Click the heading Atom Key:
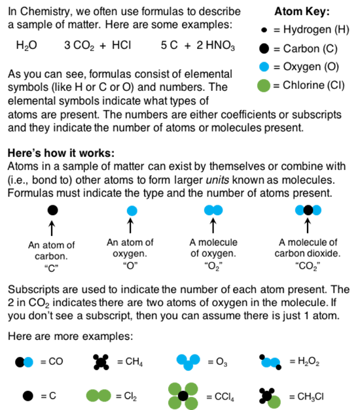[302, 12]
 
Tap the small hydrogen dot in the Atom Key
[264, 30]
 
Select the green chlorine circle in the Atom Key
[264, 86]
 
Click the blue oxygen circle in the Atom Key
[264, 67]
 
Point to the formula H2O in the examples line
[26, 46]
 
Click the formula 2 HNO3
[215, 46]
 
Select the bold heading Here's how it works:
[61, 153]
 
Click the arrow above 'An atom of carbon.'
[52, 228]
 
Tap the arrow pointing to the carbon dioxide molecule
[308, 226]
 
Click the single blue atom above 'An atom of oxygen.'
[132, 211]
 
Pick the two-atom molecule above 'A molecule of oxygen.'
[213, 210]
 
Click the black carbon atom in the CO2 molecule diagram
[308, 210]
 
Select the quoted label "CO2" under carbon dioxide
[308, 266]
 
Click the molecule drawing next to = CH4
[101, 362]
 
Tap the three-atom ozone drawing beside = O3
[189, 362]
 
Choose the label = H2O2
[304, 362]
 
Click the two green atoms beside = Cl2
[99, 396]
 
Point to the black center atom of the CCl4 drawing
[183, 396]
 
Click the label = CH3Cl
[306, 397]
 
